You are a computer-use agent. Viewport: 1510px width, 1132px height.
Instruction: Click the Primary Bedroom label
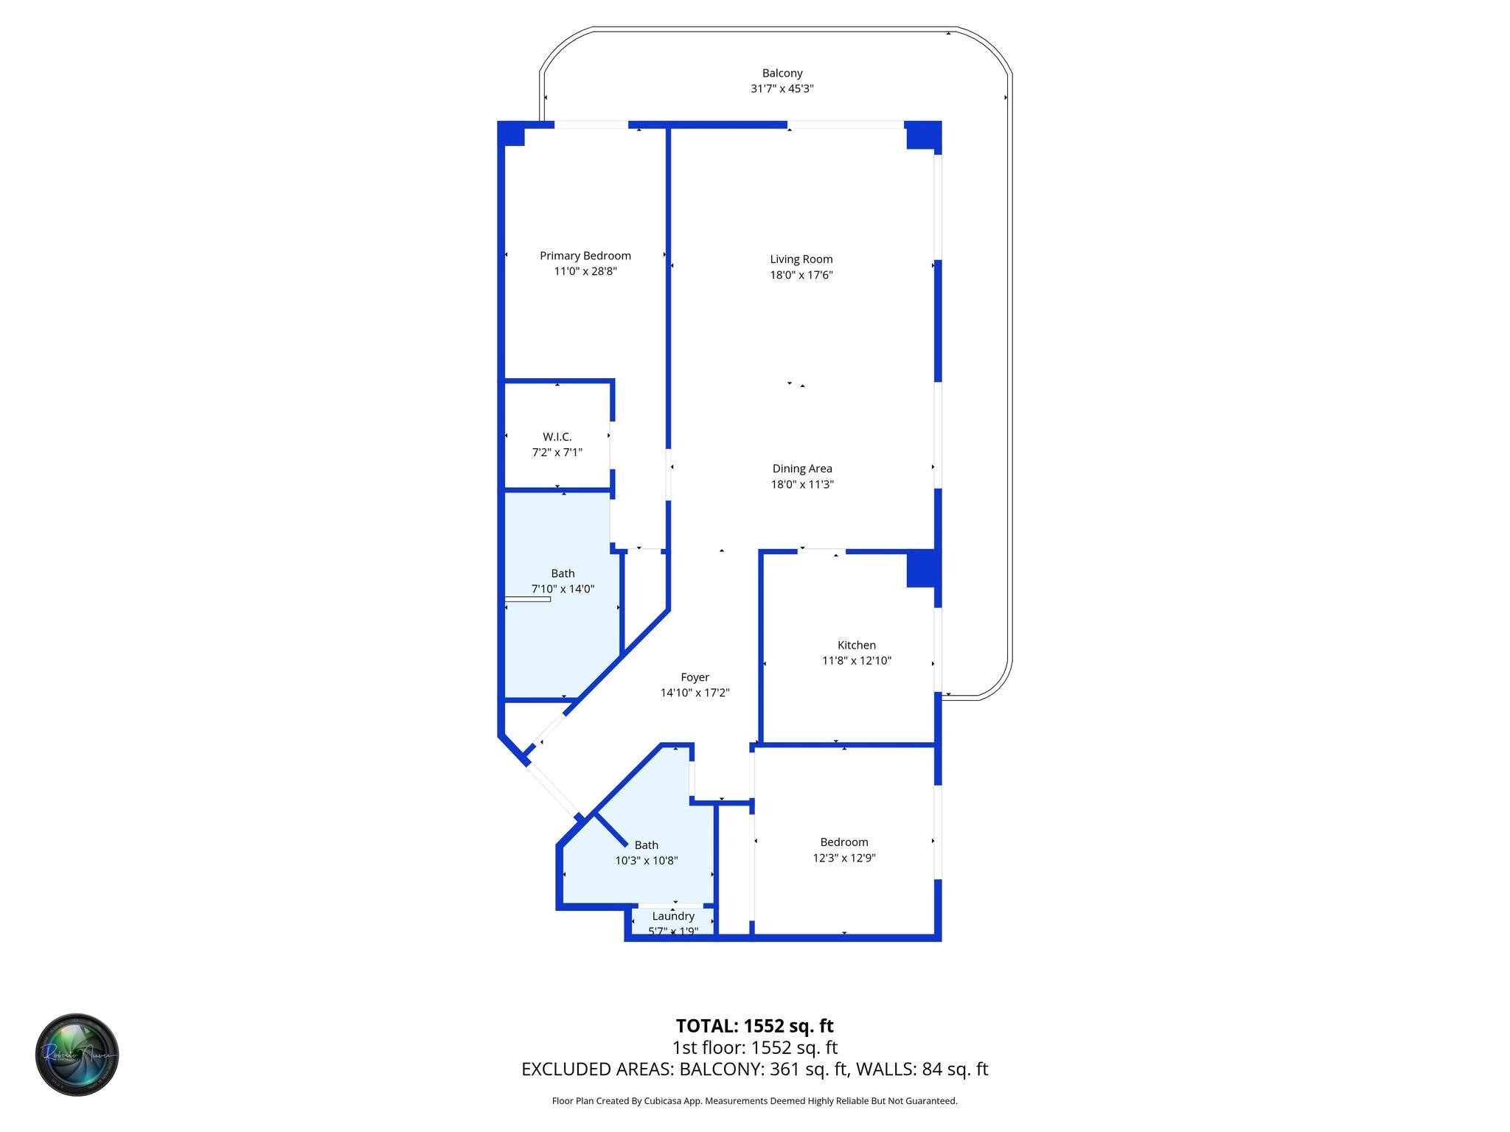pos(585,256)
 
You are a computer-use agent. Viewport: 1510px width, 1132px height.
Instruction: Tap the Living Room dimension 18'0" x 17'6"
pos(801,275)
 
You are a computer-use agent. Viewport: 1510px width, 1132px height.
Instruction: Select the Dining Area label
pos(802,469)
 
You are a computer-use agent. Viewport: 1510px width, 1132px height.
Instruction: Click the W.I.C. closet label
pos(557,437)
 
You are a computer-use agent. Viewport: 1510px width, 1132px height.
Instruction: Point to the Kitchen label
pos(856,645)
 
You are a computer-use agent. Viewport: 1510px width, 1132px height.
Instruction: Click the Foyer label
pos(695,677)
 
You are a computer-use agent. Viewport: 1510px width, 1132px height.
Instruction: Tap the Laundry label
pos(673,916)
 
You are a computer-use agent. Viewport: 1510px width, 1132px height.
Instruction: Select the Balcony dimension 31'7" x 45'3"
pos(782,88)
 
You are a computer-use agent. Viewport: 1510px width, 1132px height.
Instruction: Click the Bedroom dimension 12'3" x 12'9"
pos(843,858)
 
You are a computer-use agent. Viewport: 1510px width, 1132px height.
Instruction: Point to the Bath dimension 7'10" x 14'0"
pos(563,589)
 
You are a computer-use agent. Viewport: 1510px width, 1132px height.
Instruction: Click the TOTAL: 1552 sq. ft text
pos(754,1026)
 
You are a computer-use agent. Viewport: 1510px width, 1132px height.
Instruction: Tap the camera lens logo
pos(77,1054)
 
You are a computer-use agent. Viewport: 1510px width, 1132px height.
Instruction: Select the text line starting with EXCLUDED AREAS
pos(754,1069)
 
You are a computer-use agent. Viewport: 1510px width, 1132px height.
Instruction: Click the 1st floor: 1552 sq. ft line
pos(754,1047)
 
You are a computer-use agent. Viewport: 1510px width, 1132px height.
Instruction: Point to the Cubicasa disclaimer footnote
pos(754,1101)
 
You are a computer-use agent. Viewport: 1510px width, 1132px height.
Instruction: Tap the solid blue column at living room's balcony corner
pos(923,135)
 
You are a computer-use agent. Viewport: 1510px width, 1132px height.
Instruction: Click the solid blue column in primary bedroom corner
pos(512,134)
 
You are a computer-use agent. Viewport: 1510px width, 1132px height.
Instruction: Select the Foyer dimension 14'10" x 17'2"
pos(695,693)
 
